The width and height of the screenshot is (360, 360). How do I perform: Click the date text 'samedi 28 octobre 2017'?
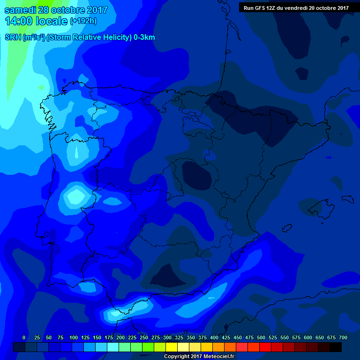tap(56, 10)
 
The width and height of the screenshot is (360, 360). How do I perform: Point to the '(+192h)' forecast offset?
tap(83, 21)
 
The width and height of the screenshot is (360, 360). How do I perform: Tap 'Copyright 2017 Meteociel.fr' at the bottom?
tap(199, 356)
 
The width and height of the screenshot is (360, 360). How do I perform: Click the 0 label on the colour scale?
tap(24, 337)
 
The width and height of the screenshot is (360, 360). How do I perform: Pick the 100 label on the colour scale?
tap(74, 337)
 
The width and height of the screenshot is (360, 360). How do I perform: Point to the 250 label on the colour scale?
tap(144, 337)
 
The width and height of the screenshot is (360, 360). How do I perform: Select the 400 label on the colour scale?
tap(214, 337)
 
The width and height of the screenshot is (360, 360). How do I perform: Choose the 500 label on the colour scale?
tap(261, 337)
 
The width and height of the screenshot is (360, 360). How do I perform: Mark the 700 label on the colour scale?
tap(343, 337)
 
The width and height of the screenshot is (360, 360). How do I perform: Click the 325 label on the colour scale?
tap(179, 337)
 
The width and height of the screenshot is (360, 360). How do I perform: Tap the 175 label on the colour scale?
tap(109, 337)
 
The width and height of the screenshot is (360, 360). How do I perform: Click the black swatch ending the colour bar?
tap(336, 347)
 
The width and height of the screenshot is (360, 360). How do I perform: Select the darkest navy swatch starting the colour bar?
tap(19, 347)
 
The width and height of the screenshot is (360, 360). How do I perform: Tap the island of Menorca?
tap(347, 199)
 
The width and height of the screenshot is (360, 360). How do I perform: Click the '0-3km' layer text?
tap(144, 37)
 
